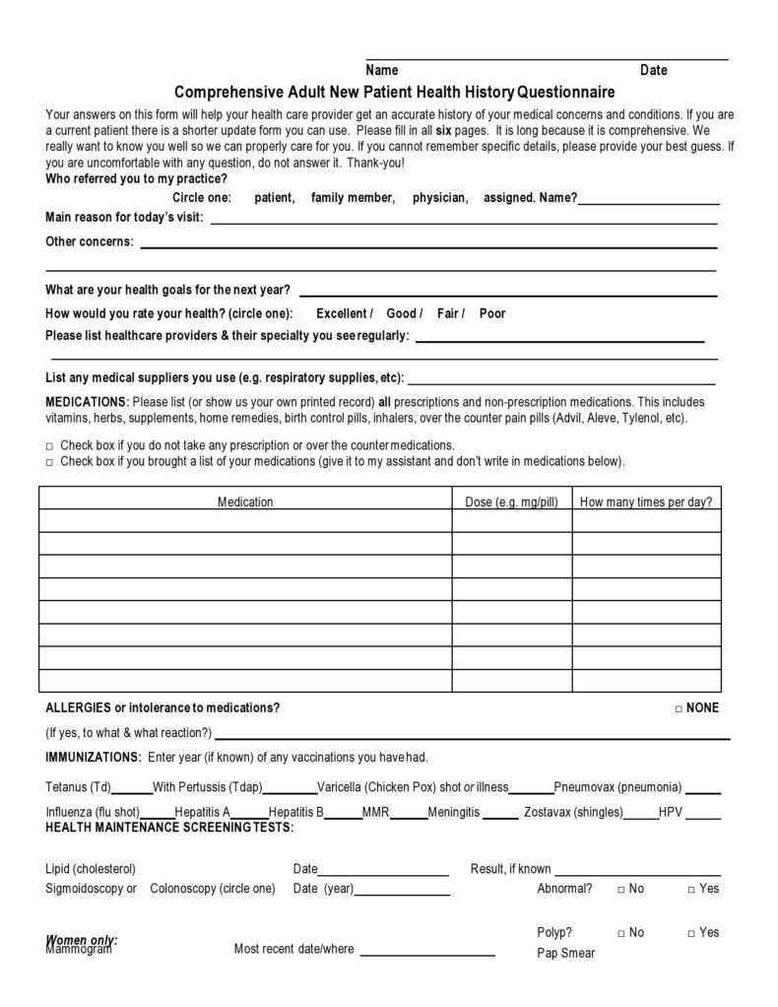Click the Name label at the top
381,70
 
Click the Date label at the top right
653,70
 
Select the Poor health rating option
492,313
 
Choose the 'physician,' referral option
440,198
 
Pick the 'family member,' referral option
353,198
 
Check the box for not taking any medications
50,446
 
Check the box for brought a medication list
50,462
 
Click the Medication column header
245,502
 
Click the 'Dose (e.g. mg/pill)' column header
511,502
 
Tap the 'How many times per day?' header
645,502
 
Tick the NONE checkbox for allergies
679,708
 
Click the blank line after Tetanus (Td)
132,791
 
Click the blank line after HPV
703,817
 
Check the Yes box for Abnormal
691,890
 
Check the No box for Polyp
621,933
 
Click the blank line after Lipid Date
383,873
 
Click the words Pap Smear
565,953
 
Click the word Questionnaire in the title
566,93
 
